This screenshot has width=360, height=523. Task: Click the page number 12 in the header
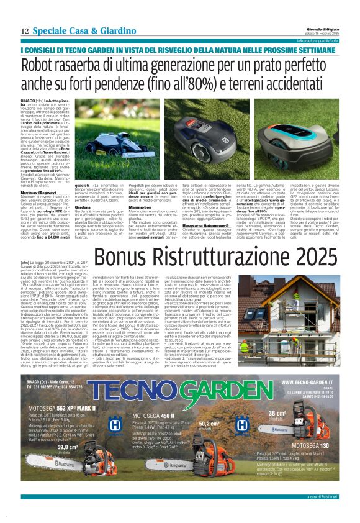(x=24, y=30)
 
